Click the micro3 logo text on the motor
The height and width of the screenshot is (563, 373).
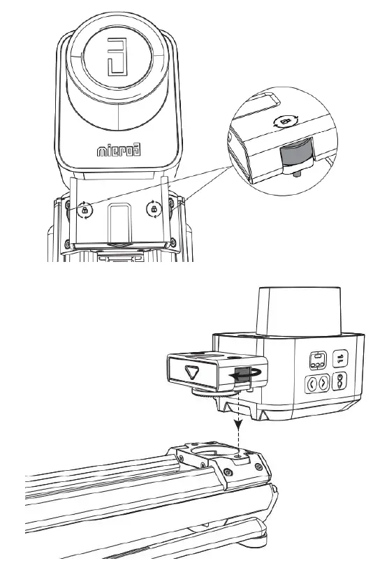point(118,149)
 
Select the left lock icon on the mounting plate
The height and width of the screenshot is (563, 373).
point(85,209)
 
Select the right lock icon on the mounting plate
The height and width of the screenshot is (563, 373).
point(152,208)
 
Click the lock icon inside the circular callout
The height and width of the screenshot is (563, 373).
point(284,121)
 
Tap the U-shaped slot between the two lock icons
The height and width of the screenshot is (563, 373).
point(119,224)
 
